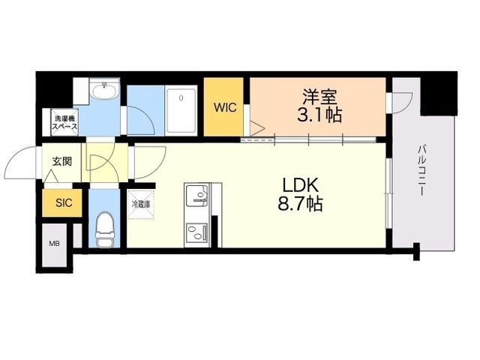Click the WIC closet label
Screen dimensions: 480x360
click(x=225, y=108)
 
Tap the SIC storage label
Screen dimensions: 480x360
click(x=64, y=202)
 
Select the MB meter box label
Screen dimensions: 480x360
click(x=55, y=244)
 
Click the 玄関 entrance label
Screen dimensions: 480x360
click(x=62, y=161)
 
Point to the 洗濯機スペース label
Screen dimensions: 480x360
click(x=64, y=122)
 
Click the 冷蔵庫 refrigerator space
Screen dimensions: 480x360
click(x=141, y=205)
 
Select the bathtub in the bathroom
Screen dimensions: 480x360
click(x=181, y=111)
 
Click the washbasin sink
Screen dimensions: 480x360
click(x=105, y=91)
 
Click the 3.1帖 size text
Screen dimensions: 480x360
click(x=319, y=115)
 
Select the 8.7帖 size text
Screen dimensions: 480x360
click(x=300, y=203)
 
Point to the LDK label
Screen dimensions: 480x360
click(x=301, y=185)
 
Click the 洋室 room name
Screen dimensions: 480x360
click(x=319, y=97)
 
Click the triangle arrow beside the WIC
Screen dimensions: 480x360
click(x=256, y=128)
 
